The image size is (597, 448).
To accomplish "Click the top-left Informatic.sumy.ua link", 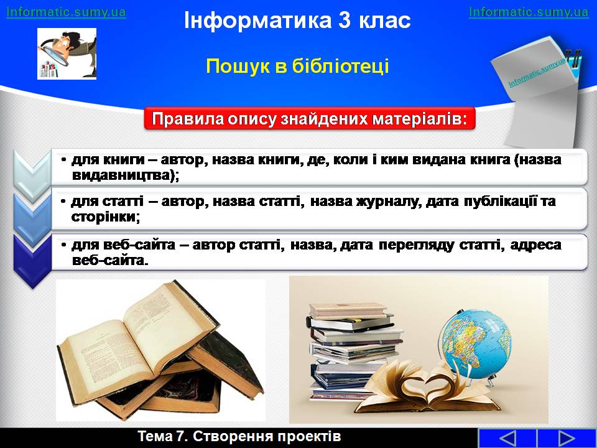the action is click(66, 12).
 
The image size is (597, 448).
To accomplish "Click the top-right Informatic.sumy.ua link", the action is click(529, 12).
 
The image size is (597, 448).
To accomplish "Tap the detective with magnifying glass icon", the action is click(67, 54).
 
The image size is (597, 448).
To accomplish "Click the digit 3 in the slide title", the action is click(344, 20).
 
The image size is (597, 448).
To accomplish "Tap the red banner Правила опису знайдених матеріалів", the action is click(310, 119).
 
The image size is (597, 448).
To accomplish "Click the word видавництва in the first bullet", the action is click(123, 176).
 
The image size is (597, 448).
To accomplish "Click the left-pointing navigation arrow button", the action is click(507, 438).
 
